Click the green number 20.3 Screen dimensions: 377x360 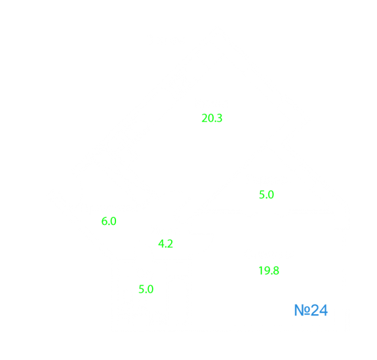[212, 118]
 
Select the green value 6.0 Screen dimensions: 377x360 [109, 221]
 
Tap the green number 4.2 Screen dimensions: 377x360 [165, 244]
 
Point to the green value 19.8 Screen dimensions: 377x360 [269, 271]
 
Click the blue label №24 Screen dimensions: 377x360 [311, 310]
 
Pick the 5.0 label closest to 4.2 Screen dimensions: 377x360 [146, 289]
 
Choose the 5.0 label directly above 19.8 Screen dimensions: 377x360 [266, 195]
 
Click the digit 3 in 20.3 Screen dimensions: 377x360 [219, 118]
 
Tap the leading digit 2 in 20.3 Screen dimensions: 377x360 [205, 118]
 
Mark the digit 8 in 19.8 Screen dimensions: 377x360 [276, 271]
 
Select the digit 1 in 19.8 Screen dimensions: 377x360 [261, 271]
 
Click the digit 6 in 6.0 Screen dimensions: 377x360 [105, 221]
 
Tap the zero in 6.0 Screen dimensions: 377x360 [113, 221]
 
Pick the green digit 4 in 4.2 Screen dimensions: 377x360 [161, 244]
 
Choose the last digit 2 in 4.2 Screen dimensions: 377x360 [170, 244]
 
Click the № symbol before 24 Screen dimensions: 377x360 [302, 310]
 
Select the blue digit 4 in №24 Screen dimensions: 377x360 [323, 310]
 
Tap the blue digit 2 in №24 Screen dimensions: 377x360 [315, 310]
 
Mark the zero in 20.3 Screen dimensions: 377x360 [211, 118]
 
